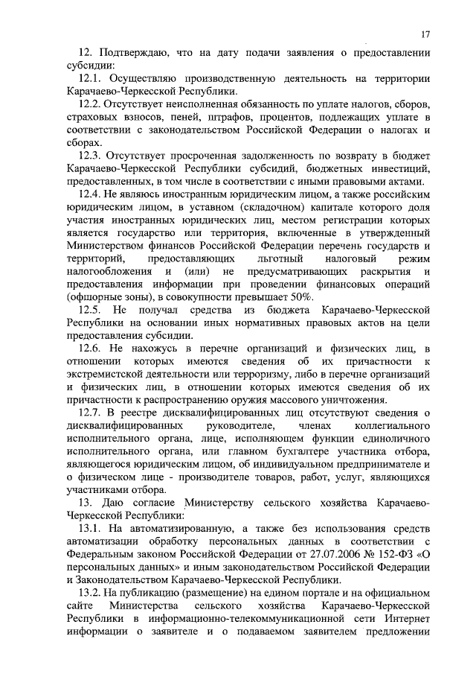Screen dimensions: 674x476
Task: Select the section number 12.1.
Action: point(91,78)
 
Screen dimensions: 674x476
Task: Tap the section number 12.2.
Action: point(91,104)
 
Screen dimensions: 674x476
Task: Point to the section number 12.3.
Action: point(91,155)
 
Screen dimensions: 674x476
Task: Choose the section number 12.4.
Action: point(91,194)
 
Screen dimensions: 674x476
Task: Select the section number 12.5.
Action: point(91,309)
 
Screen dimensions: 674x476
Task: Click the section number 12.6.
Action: point(91,348)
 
